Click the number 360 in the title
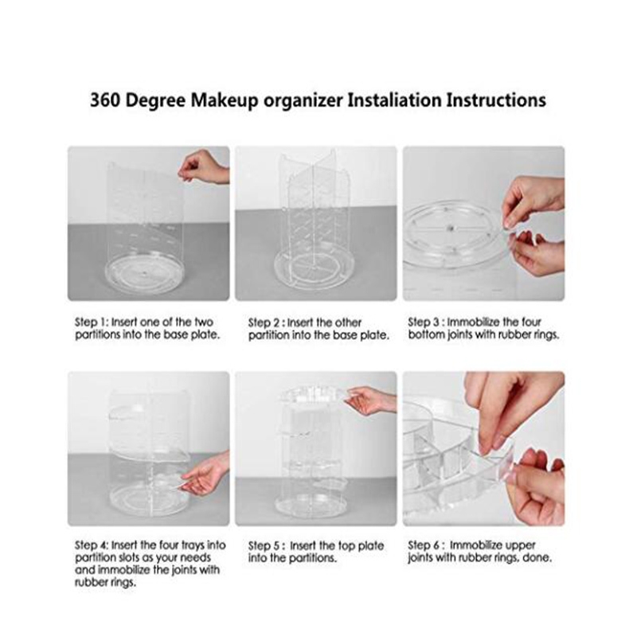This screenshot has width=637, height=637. tap(105, 100)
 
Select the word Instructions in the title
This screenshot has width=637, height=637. tap(495, 100)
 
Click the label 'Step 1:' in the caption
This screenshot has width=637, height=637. tap(92, 322)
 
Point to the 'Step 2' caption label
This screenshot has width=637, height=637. tap(264, 323)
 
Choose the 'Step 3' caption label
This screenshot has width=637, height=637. tap(424, 322)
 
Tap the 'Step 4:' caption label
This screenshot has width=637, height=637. tap(92, 545)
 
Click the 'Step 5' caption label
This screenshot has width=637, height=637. tap(264, 546)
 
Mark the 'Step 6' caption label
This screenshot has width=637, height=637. tap(424, 545)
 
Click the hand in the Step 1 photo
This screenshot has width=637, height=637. tap(202, 166)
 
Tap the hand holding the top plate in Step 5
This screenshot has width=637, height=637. tap(370, 400)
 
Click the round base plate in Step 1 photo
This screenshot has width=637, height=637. tap(145, 274)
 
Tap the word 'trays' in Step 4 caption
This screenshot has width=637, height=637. tap(193, 545)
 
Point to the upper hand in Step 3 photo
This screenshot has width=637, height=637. tap(532, 201)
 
